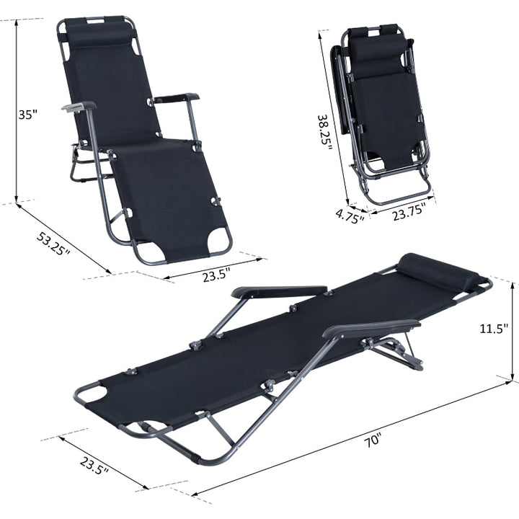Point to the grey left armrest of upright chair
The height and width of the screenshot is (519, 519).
(78, 107)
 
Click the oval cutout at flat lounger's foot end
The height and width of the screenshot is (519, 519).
(92, 394)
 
